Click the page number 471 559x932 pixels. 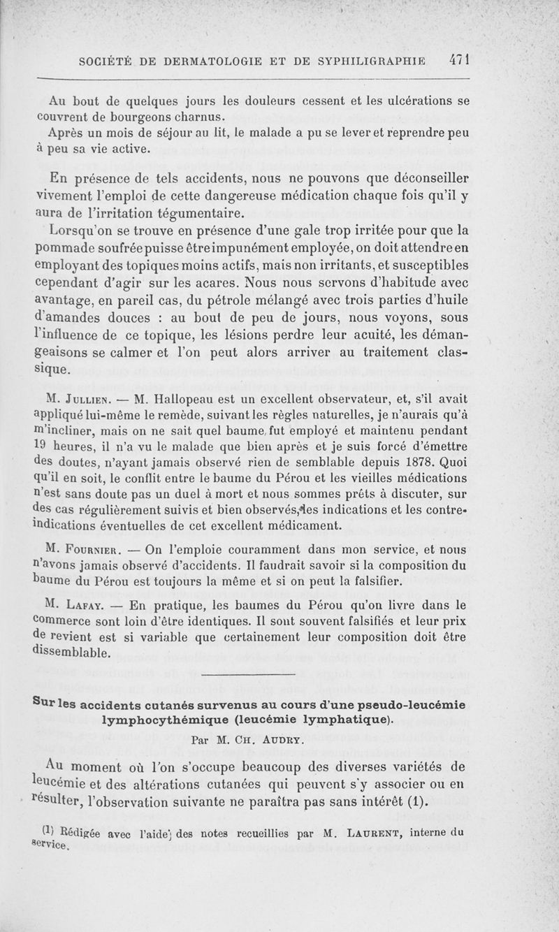[x=458, y=60]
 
